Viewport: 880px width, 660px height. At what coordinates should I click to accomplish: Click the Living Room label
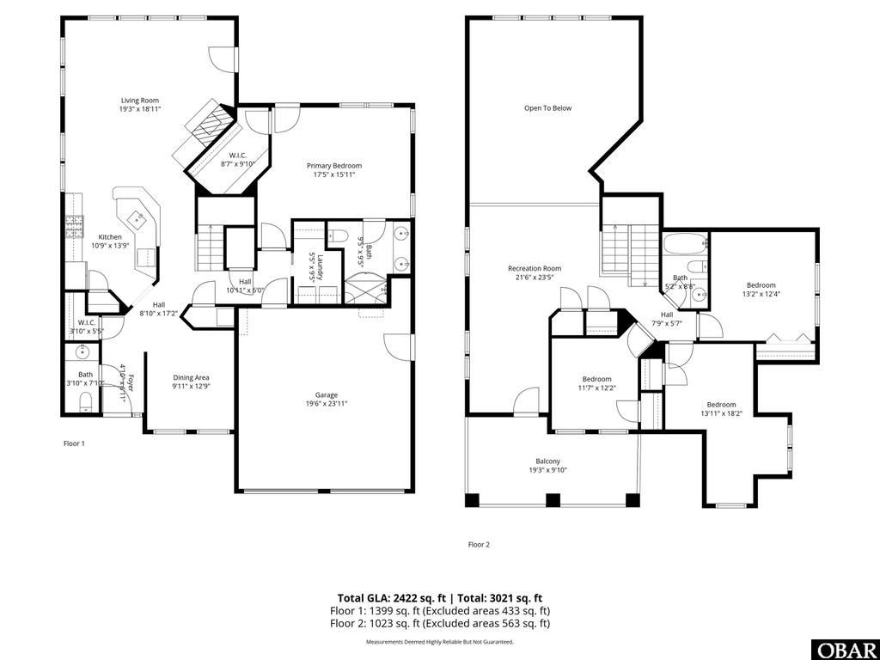pos(139,101)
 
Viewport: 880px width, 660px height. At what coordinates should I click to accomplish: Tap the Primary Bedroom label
pos(334,166)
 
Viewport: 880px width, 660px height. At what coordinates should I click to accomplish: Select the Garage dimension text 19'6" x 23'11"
pos(326,403)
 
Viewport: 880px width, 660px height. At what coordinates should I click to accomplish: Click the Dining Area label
pos(191,378)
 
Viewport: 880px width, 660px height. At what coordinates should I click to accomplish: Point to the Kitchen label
pos(110,237)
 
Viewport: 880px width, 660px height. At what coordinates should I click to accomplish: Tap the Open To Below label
pos(547,108)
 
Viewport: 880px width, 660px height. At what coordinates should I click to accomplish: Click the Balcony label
pos(547,461)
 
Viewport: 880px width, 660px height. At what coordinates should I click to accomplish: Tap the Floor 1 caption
pos(74,443)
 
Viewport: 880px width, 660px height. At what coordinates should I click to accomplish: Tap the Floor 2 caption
pos(478,544)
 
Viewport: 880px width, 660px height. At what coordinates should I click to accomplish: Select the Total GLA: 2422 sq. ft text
pos(391,597)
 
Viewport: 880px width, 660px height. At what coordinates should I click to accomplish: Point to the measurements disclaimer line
pos(439,642)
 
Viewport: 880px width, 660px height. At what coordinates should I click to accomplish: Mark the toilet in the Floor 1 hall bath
pos(86,403)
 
